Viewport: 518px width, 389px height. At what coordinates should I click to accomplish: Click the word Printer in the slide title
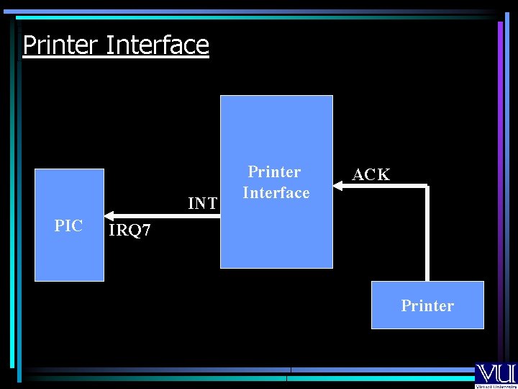pos(60,45)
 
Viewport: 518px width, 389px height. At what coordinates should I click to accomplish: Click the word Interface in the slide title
pos(157,45)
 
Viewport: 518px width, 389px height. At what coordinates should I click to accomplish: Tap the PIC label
pos(68,225)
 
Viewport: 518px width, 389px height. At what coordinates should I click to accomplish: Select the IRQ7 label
pos(129,231)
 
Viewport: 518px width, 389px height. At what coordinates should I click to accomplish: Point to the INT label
pos(202,204)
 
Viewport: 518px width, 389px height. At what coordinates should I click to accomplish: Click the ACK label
pos(371,174)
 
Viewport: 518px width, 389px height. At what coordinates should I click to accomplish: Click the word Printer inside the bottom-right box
pos(427,305)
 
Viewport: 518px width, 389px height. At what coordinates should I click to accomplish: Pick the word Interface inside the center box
pos(276,192)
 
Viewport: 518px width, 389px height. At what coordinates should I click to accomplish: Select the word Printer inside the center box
pos(274,172)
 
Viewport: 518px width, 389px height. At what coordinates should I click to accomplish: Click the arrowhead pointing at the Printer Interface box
pos(337,186)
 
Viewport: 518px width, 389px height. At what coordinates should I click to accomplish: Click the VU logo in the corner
pos(495,372)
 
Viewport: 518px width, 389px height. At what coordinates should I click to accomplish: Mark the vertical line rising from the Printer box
pos(427,234)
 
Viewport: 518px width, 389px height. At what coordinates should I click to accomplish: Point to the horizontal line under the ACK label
pos(381,186)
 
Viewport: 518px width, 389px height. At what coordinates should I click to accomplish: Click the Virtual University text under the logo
pos(496,385)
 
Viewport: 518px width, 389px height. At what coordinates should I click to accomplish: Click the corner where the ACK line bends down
pos(427,187)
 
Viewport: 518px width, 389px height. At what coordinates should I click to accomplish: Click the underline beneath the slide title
pos(115,58)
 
